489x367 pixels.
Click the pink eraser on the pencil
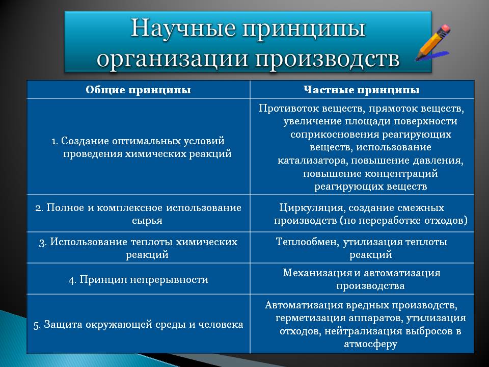[x=445, y=29]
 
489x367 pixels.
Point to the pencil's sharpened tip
[x=417, y=59]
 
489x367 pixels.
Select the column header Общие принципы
[x=138, y=90]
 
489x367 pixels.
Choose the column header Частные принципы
[x=362, y=90]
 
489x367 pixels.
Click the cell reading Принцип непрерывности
[x=139, y=279]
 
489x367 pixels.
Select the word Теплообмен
[x=308, y=242]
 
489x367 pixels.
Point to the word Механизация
[x=318, y=273]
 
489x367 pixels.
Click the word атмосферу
[x=370, y=344]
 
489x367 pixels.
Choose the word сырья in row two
[x=147, y=221]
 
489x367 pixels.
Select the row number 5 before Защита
[x=37, y=325]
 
